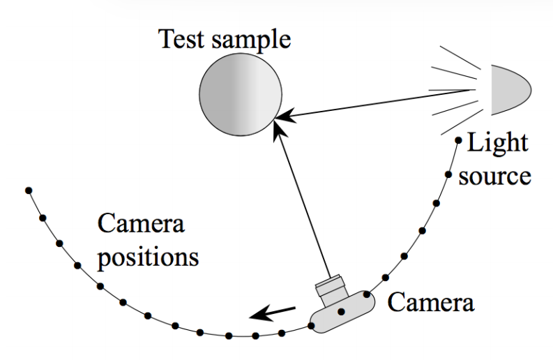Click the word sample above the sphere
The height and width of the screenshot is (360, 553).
click(x=251, y=40)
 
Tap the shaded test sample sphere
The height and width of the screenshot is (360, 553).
click(x=241, y=94)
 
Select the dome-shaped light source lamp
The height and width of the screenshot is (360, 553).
click(x=511, y=89)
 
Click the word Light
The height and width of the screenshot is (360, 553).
click(x=497, y=142)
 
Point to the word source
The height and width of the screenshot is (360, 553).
click(x=495, y=176)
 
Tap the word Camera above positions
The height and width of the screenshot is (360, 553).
click(x=141, y=224)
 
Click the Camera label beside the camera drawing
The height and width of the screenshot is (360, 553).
click(x=431, y=303)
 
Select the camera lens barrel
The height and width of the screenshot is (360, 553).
click(x=331, y=287)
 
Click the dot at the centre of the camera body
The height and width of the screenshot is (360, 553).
click(x=341, y=312)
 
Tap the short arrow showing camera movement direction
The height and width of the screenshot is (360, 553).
click(x=272, y=313)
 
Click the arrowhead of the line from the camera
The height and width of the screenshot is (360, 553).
click(x=280, y=129)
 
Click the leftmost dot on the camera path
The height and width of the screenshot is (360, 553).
click(x=29, y=190)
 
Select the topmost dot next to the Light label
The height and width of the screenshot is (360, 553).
click(x=458, y=140)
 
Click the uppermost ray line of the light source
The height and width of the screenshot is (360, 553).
click(x=460, y=57)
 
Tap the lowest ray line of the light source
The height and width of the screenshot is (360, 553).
click(x=462, y=122)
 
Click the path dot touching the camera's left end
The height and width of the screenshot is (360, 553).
click(x=311, y=326)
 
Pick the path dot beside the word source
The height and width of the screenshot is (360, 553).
click(x=448, y=174)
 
